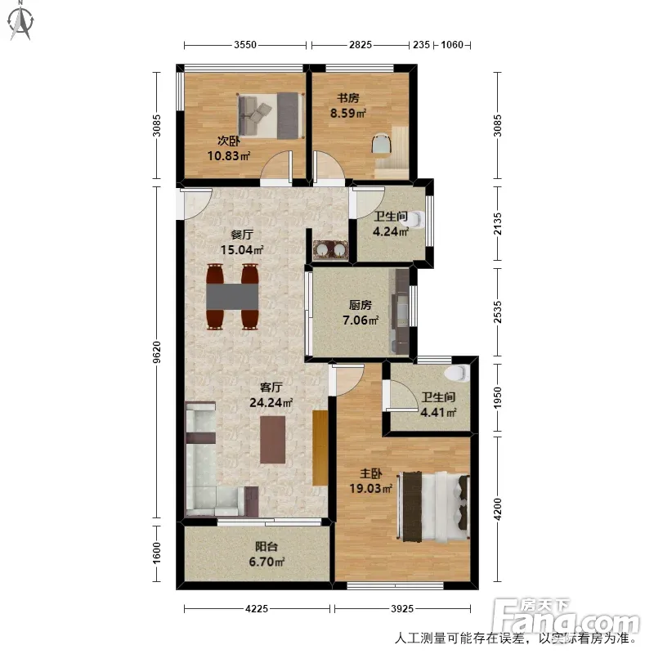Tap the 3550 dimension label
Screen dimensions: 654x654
click(x=244, y=45)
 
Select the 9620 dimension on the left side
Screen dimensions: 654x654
click(x=156, y=352)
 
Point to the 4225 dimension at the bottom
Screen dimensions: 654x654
click(x=257, y=609)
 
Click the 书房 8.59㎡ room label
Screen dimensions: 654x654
click(x=348, y=105)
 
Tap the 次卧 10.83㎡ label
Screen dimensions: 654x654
click(x=229, y=148)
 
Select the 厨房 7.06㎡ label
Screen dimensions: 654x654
click(x=361, y=313)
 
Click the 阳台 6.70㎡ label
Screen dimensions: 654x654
click(x=267, y=554)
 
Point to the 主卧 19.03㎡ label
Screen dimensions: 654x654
click(x=371, y=481)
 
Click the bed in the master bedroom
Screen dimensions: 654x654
click(x=434, y=506)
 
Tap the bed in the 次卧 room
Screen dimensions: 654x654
click(x=270, y=115)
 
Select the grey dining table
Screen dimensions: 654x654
click(x=232, y=297)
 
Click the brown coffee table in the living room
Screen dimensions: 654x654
click(x=273, y=440)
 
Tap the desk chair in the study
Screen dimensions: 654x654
click(x=382, y=144)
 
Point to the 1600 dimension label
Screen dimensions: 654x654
click(x=156, y=553)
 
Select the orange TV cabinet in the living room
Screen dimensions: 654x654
click(x=320, y=448)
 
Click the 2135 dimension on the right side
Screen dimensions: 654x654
click(x=497, y=224)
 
